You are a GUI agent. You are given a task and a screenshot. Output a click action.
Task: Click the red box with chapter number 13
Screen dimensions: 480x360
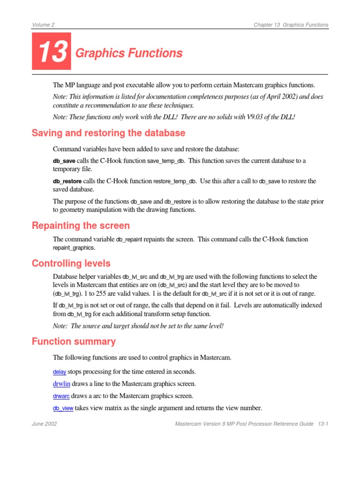click(x=52, y=52)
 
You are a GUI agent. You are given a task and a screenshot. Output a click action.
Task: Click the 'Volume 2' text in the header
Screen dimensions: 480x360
click(x=43, y=25)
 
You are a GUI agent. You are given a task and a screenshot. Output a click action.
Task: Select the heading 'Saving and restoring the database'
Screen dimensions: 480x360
click(x=108, y=133)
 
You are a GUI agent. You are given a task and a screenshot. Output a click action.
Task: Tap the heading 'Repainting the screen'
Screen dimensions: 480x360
click(x=81, y=225)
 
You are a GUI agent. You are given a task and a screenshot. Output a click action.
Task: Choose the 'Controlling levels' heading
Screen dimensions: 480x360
click(x=71, y=263)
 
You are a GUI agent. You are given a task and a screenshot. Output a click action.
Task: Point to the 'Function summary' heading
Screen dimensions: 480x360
click(x=74, y=341)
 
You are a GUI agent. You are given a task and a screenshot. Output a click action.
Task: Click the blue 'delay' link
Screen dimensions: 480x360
click(x=60, y=372)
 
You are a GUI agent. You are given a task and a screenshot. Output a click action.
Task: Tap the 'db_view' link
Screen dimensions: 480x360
click(x=63, y=408)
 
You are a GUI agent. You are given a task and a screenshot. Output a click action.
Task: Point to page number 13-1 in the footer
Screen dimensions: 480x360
click(x=322, y=424)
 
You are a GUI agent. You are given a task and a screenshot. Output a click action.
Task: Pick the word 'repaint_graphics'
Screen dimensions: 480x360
click(x=74, y=247)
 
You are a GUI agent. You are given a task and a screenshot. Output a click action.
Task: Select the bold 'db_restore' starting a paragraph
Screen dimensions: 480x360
click(x=67, y=181)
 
